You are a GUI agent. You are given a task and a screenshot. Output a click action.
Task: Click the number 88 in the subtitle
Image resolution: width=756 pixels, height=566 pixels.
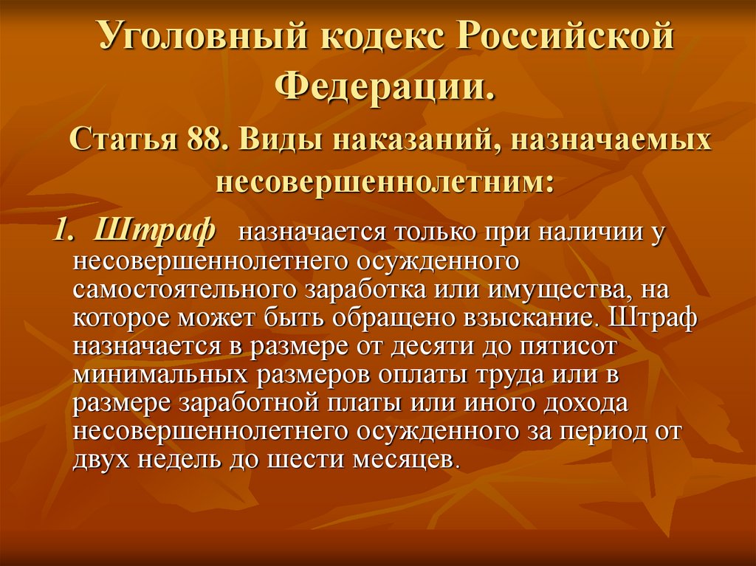click(204, 139)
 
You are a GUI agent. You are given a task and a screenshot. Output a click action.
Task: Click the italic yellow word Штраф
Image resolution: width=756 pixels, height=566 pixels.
click(154, 230)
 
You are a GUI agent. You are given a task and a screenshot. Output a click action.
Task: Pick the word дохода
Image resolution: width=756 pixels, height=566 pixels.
click(585, 404)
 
